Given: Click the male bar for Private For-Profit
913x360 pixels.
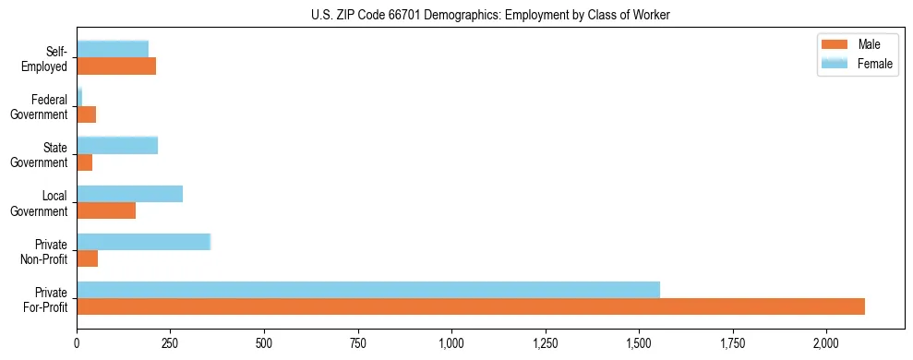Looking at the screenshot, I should click(x=471, y=306).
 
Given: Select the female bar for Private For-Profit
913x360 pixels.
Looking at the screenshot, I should click(x=368, y=290).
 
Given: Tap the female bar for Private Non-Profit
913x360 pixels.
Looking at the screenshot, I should click(x=144, y=242).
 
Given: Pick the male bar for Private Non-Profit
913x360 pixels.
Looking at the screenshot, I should click(x=88, y=258).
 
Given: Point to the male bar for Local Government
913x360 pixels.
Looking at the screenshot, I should click(x=106, y=210).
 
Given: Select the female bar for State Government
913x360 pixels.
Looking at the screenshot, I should click(x=117, y=145).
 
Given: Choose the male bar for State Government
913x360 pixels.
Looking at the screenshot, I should click(x=85, y=162).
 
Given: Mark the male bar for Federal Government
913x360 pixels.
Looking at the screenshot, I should click(x=87, y=114).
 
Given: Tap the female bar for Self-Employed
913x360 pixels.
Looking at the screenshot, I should click(x=113, y=49).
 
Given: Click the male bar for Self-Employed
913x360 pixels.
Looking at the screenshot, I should click(x=116, y=66).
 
